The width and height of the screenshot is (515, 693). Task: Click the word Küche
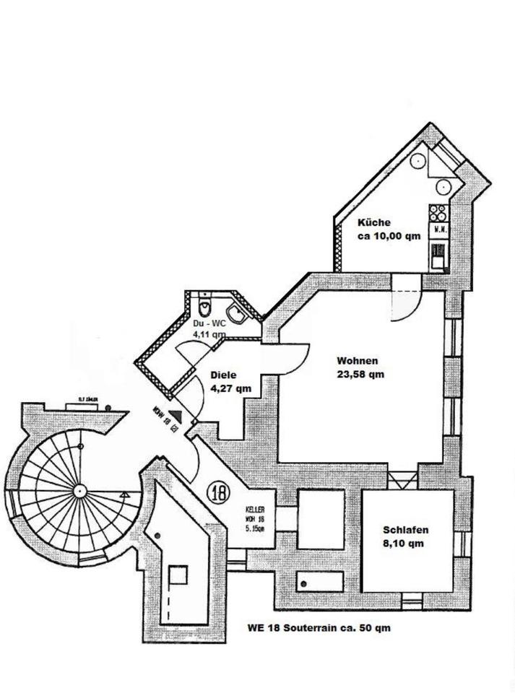pos(374,223)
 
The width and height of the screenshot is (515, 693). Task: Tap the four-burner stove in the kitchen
pos(438,212)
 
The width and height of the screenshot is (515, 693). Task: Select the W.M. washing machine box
pos(438,230)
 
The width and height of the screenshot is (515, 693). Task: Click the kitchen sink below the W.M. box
pos(438,254)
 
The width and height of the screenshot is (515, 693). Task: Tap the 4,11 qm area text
pos(209,335)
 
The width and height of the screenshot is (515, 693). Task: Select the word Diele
pos(224,375)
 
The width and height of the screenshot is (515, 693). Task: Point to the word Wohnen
pos(358,361)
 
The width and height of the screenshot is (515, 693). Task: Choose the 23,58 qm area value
pos(360,374)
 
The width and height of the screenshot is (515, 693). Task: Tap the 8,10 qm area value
pos(403,544)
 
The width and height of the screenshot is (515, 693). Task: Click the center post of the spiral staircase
pos(77,490)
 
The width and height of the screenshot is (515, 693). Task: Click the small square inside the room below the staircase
pos(178,575)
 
